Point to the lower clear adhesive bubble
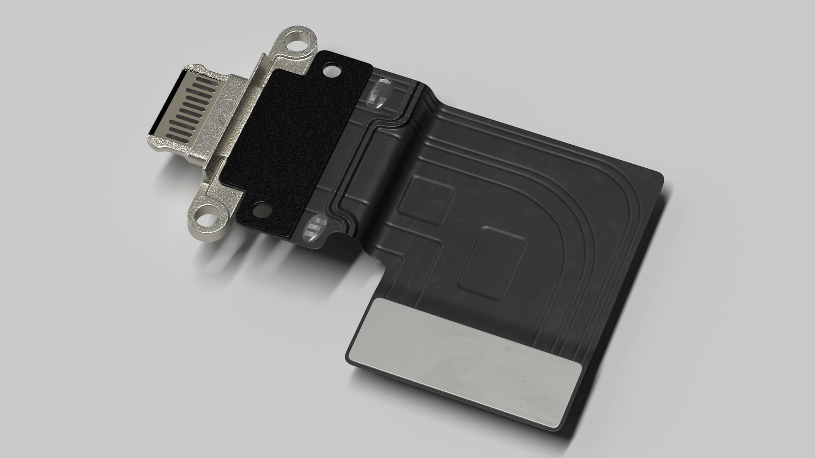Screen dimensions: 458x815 317,228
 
